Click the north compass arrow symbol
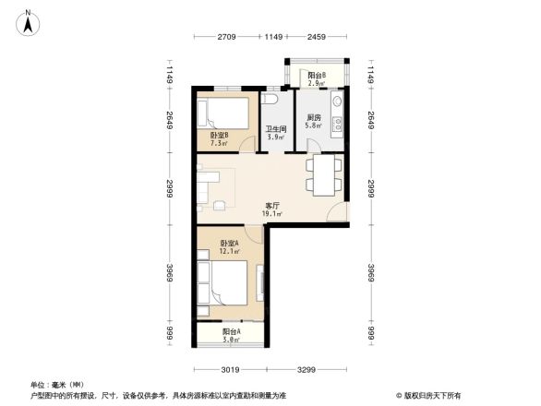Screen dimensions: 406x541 point(29,20)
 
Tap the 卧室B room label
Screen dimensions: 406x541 point(219,135)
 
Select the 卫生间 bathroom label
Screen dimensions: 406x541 point(274,129)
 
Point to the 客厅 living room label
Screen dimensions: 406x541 point(272,206)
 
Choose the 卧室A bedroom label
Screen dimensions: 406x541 point(229,244)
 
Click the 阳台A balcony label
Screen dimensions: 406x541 point(232,331)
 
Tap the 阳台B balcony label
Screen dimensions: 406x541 point(317,75)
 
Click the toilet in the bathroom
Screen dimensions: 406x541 point(271,100)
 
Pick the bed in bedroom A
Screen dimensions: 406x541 point(226,283)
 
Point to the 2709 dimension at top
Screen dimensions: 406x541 point(229,38)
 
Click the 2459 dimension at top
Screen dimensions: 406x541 point(318,38)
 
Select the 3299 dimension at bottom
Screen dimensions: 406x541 point(307,370)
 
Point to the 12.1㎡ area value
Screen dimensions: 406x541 point(230,252)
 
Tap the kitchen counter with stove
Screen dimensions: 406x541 point(338,115)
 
